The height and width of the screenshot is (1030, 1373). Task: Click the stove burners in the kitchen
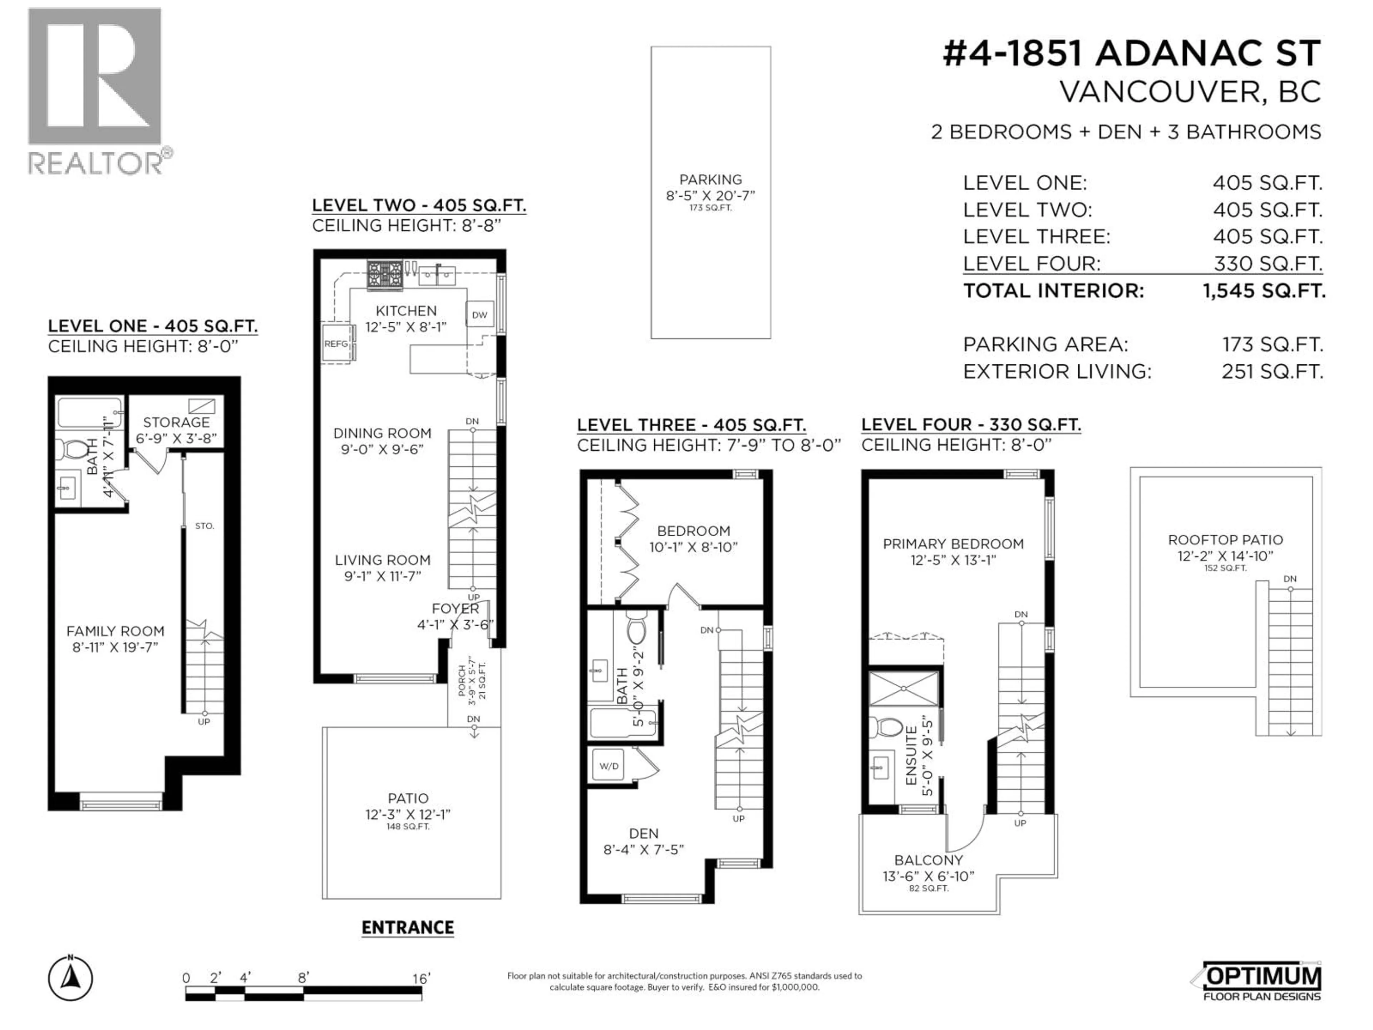[384, 274]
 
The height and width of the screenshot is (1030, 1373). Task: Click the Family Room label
[115, 631]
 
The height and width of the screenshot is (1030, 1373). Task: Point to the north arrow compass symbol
[71, 979]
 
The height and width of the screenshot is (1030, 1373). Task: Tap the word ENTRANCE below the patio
[408, 928]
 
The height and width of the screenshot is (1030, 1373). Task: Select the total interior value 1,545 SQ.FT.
[1264, 290]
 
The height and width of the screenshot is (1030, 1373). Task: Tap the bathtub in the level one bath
[89, 413]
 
